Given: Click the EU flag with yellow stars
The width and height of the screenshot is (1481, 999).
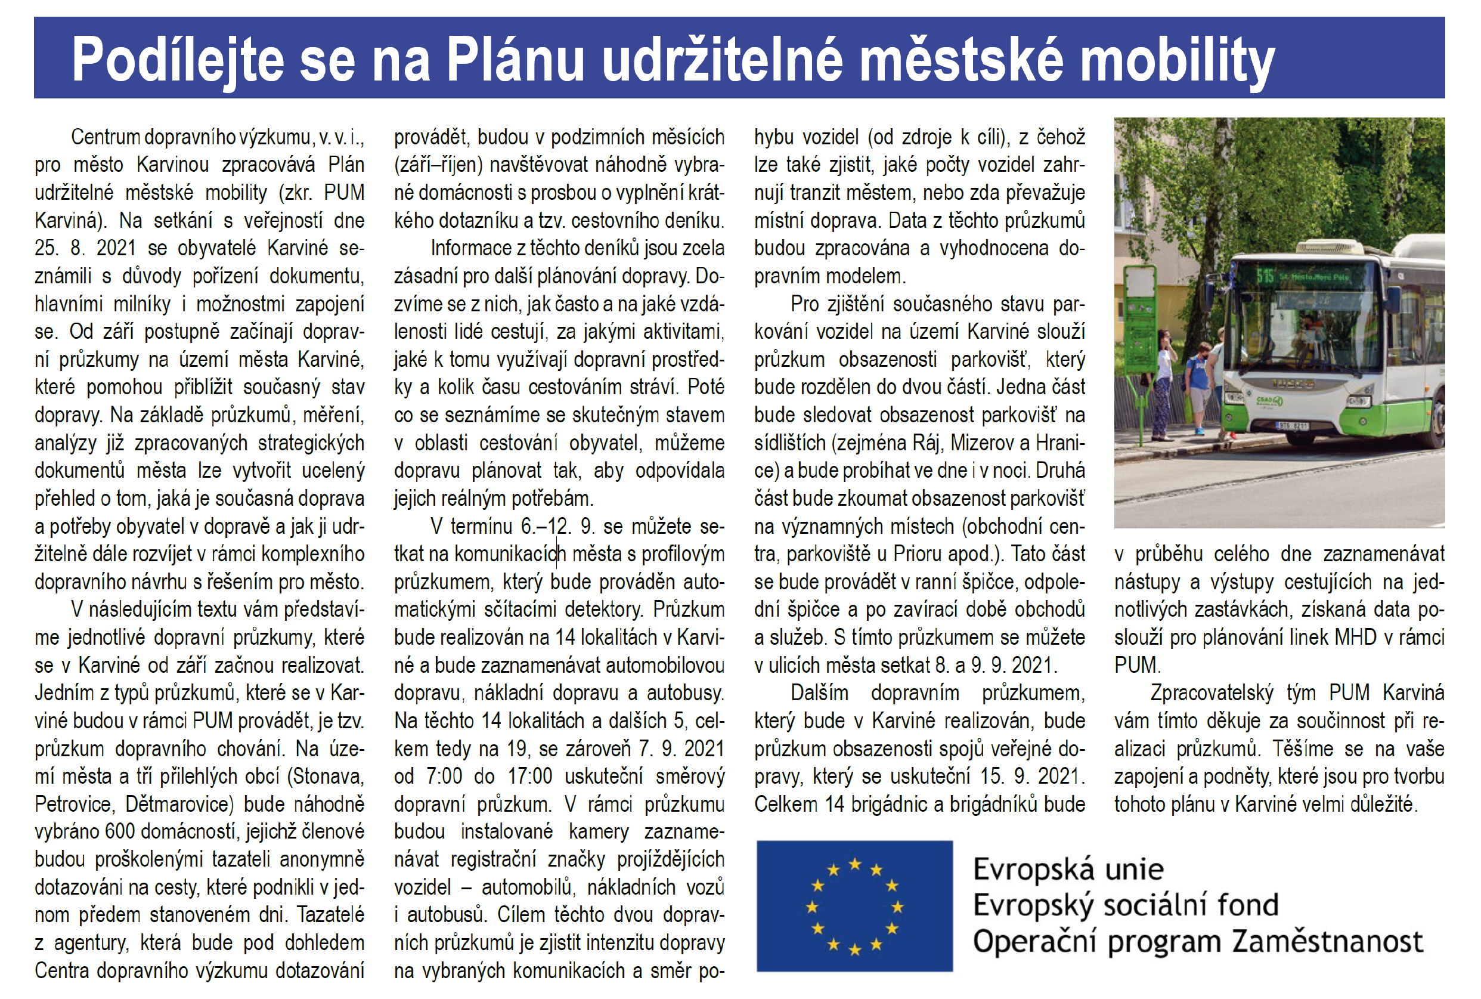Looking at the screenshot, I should [854, 905].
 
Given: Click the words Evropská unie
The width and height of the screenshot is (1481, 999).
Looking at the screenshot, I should [1068, 869].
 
